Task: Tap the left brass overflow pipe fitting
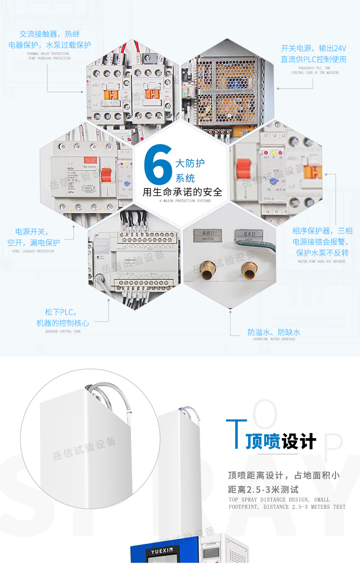pyautogui.click(x=208, y=271)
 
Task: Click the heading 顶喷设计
pyautogui.click(x=281, y=441)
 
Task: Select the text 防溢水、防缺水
pyautogui.click(x=274, y=332)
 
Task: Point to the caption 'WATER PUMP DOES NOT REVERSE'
pyautogui.click(x=322, y=262)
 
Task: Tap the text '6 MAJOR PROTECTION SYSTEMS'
pyautogui.click(x=185, y=201)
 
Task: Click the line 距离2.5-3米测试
pyautogui.click(x=263, y=490)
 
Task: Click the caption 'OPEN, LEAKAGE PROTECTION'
pyautogui.click(x=33, y=251)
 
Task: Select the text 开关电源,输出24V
pyautogui.click(x=313, y=49)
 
